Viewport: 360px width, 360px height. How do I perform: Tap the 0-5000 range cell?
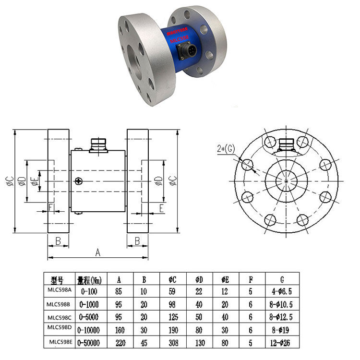pos(89,317)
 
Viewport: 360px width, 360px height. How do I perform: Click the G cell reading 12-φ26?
pos(281,343)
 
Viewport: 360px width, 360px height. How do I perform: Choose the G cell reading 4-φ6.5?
pos(281,290)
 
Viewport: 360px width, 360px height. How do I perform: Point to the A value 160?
pos(118,330)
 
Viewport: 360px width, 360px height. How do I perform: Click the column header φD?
pos(199,279)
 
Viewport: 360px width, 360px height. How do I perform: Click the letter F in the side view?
pos(50,207)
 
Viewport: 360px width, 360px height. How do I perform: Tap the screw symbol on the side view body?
pos(78,181)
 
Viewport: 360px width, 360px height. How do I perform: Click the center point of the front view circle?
pos(286,181)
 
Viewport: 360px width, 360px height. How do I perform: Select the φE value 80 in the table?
pos(225,343)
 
